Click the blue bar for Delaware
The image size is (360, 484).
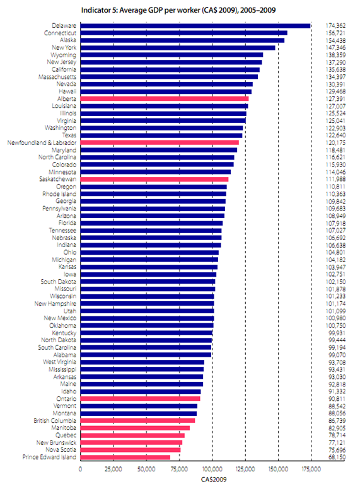[x=195, y=26]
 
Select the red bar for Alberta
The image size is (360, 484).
[x=165, y=99]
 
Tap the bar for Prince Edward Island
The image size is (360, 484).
[x=125, y=457]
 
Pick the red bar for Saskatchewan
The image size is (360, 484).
[x=154, y=180]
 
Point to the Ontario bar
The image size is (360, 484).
[x=140, y=398]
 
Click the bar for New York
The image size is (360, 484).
[x=178, y=48]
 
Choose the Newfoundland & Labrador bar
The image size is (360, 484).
[x=160, y=142]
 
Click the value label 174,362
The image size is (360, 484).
[x=335, y=26]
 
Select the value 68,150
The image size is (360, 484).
[x=337, y=457]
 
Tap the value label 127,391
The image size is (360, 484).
[x=335, y=99]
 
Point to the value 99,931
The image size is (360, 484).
[x=337, y=333]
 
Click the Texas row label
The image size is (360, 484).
[x=69, y=135]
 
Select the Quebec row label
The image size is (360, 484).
[x=66, y=435]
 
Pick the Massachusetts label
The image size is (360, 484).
[x=57, y=77]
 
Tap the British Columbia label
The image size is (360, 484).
[x=55, y=420]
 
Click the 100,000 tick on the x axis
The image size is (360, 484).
[x=212, y=469]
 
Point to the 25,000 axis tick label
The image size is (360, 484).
[x=113, y=469]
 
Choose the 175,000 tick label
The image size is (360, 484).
[x=311, y=469]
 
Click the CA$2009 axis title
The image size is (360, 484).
[x=214, y=480]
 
